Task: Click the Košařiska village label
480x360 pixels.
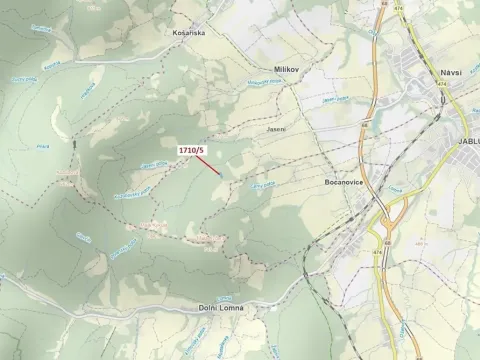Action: (188, 32)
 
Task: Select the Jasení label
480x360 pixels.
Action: (276, 129)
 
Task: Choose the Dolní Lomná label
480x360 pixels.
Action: (220, 308)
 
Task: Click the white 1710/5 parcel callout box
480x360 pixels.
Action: (191, 150)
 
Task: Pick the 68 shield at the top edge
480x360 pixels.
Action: (381, 5)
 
